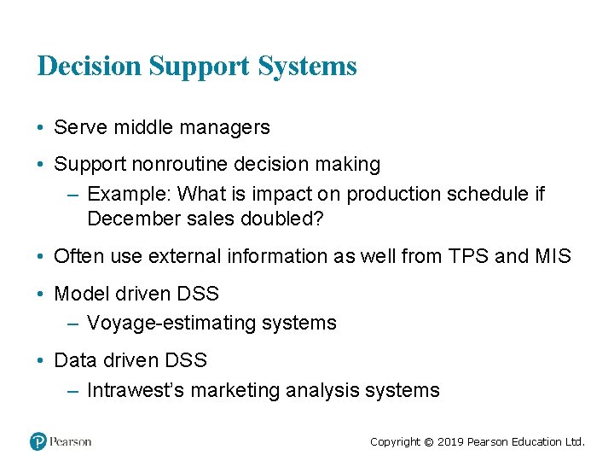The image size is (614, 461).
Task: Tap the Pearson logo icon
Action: [x=38, y=441]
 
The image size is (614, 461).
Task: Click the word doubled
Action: [x=276, y=219]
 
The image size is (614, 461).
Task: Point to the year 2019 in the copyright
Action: [x=451, y=442]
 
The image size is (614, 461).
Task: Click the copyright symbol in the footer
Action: [x=429, y=442]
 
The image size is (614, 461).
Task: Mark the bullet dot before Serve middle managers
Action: [x=41, y=129]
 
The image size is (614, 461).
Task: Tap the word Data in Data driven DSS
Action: [x=72, y=360]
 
